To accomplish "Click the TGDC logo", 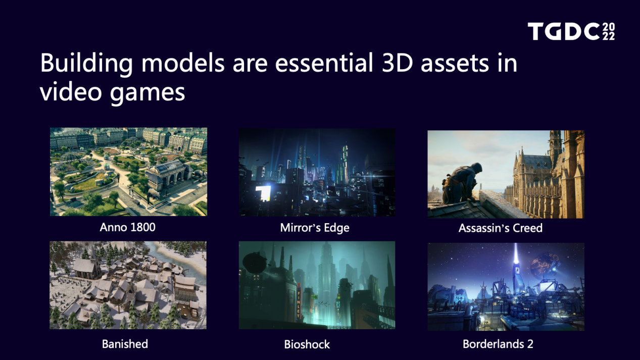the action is click(x=571, y=31).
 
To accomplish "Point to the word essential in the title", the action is click(x=324, y=63).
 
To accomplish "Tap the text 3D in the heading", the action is click(x=398, y=63).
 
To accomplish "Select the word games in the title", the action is click(x=147, y=93).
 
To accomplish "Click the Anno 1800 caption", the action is click(x=127, y=227).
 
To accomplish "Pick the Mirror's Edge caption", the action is click(x=315, y=228).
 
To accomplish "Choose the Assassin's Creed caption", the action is click(x=500, y=228).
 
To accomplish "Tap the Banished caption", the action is click(x=125, y=344).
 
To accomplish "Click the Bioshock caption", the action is click(x=307, y=344).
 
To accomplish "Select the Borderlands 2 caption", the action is click(x=498, y=344).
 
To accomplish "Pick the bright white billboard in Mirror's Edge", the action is click(x=263, y=193).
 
